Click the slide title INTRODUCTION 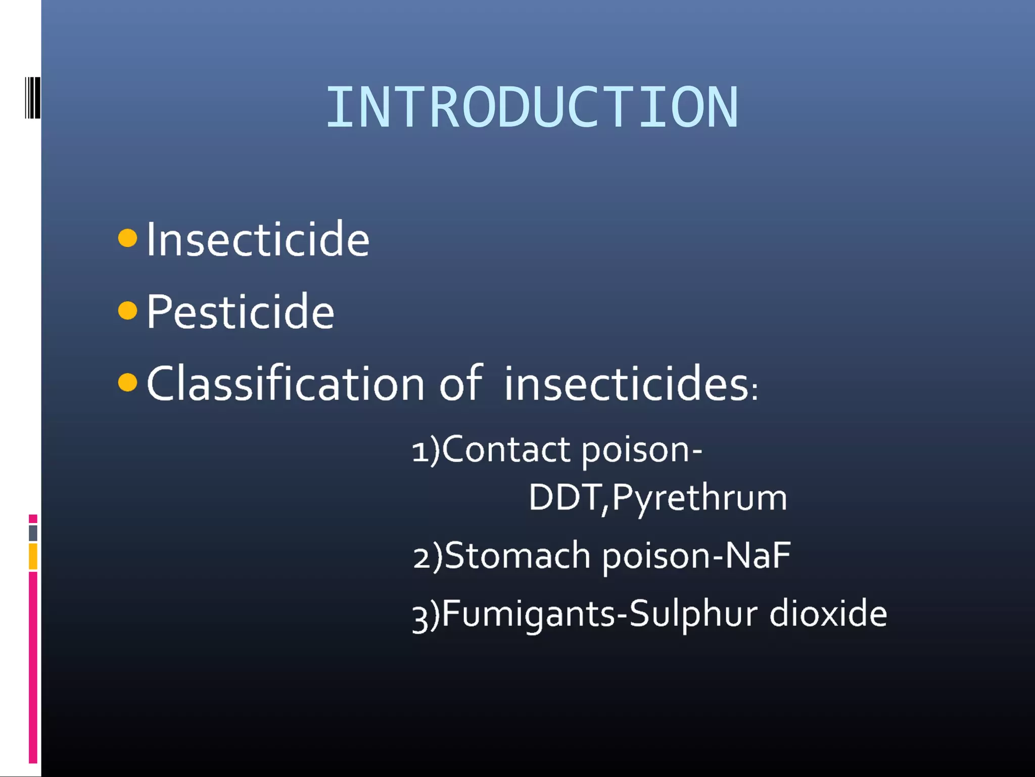coord(532,107)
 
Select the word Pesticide coord(240,312)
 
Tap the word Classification coord(285,383)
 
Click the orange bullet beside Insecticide coord(127,238)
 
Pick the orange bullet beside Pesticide coord(127,311)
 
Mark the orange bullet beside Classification coord(127,382)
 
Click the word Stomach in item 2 coord(517,555)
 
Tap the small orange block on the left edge coord(33,556)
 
